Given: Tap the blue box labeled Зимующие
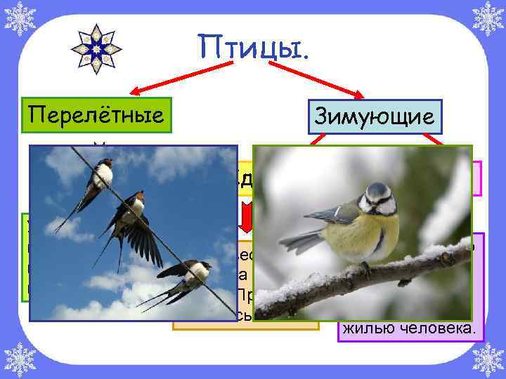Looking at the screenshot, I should pyautogui.click(x=374, y=117).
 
